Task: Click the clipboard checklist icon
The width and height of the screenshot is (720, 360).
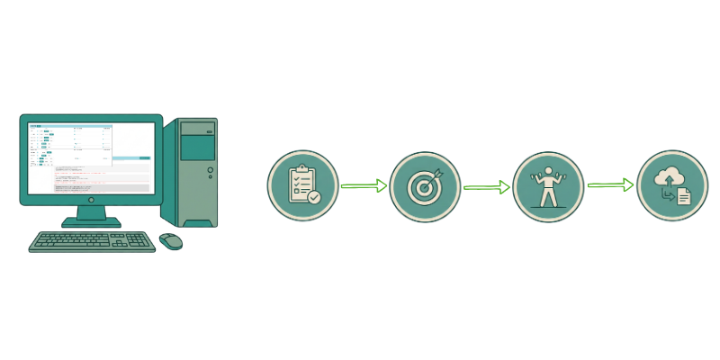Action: coord(302,185)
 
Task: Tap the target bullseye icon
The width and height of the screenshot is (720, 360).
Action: coord(425,186)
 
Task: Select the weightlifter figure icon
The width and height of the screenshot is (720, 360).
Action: coord(548,186)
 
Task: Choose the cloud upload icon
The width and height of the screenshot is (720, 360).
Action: coord(671,185)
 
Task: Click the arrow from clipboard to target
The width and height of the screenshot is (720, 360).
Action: coord(364,186)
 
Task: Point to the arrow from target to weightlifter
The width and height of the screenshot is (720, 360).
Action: coord(486,187)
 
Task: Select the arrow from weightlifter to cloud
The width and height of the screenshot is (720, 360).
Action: coord(610,185)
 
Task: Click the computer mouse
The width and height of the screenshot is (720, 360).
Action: coord(170,241)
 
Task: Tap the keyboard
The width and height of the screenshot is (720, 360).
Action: coord(91,241)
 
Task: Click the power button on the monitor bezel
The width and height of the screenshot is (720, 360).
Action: coord(91,199)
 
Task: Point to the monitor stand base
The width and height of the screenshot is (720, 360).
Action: coord(91,221)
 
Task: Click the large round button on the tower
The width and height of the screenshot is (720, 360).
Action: coord(211,169)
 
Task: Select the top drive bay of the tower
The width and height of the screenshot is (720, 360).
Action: coord(197,129)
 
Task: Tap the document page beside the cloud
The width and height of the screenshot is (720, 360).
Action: coord(684,196)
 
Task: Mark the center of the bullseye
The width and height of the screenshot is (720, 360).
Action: coord(423,188)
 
